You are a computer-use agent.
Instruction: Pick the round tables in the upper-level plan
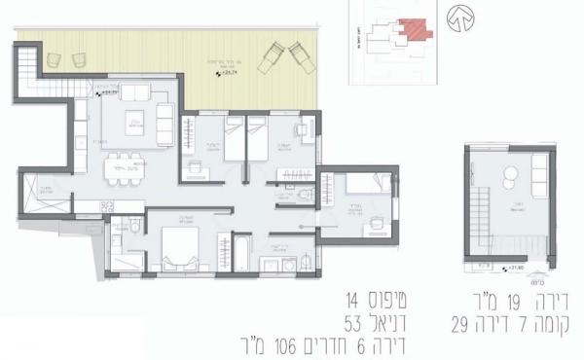(507, 176)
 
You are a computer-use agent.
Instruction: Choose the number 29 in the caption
(464, 320)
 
